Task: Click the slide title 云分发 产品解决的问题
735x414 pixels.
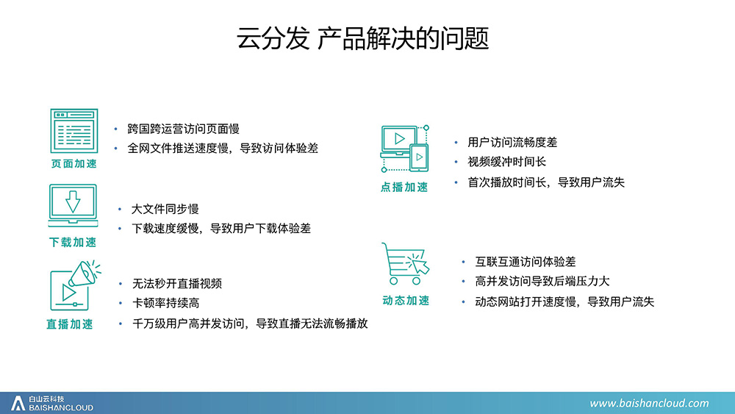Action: (x=363, y=38)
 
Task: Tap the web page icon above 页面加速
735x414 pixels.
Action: (x=74, y=131)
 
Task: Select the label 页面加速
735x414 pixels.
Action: (x=74, y=164)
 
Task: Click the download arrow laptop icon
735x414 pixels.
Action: (x=73, y=206)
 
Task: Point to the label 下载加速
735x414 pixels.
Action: (x=73, y=243)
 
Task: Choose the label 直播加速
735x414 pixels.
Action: (x=70, y=324)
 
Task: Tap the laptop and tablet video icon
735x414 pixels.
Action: (x=405, y=149)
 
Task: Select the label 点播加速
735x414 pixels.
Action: (x=404, y=187)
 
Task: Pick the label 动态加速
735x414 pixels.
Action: (x=406, y=301)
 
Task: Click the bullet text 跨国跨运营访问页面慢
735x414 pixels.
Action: (x=183, y=129)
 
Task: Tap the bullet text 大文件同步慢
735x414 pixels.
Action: (x=165, y=209)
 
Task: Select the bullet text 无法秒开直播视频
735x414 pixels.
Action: (x=177, y=283)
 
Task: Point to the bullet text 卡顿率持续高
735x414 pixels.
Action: (x=166, y=303)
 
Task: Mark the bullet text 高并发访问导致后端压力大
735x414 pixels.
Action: (x=542, y=282)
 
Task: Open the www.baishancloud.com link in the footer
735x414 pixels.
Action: (x=649, y=403)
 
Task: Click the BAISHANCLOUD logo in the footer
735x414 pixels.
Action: (x=52, y=403)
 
